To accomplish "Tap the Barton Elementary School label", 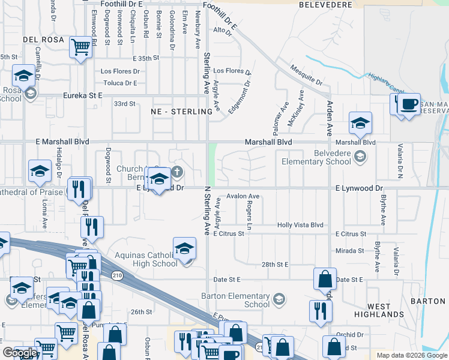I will point(244,300).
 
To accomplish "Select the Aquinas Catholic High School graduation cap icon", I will point(185,248).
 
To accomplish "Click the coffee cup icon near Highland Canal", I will point(409,104).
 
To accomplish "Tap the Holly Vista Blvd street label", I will point(300,225).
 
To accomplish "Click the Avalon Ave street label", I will point(243,196).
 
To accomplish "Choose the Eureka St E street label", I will point(83,95).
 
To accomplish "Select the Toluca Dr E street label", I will point(121,83).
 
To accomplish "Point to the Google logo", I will point(19,353).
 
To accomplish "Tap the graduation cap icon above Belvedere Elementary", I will point(361,123).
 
